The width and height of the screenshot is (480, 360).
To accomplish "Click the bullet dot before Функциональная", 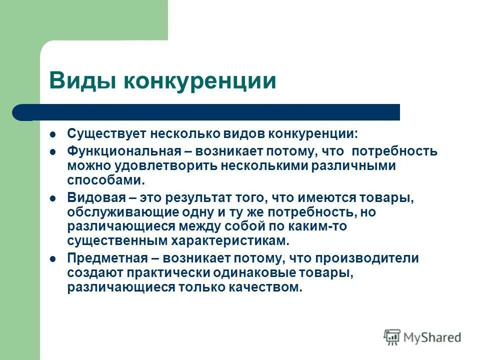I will coord(53,151).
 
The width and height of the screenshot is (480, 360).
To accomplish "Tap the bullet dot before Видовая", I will coord(53,198).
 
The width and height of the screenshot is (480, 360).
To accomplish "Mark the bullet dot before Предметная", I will coord(53,259).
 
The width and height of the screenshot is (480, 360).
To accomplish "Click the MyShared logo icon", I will coord(392,337).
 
